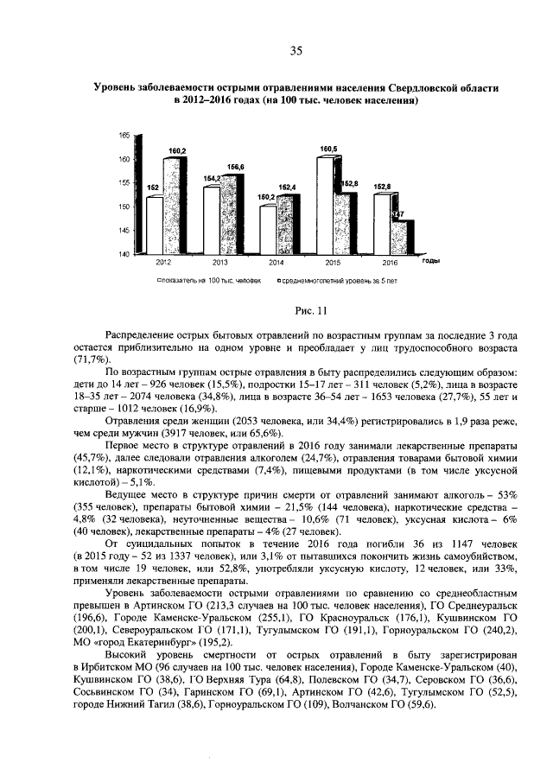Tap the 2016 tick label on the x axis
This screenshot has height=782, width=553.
point(390,262)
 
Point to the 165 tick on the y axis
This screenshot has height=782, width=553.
point(124,136)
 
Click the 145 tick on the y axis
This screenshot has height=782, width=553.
point(124,230)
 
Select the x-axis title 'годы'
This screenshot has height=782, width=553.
point(429,260)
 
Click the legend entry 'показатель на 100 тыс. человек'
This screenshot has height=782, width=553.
point(208,281)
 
